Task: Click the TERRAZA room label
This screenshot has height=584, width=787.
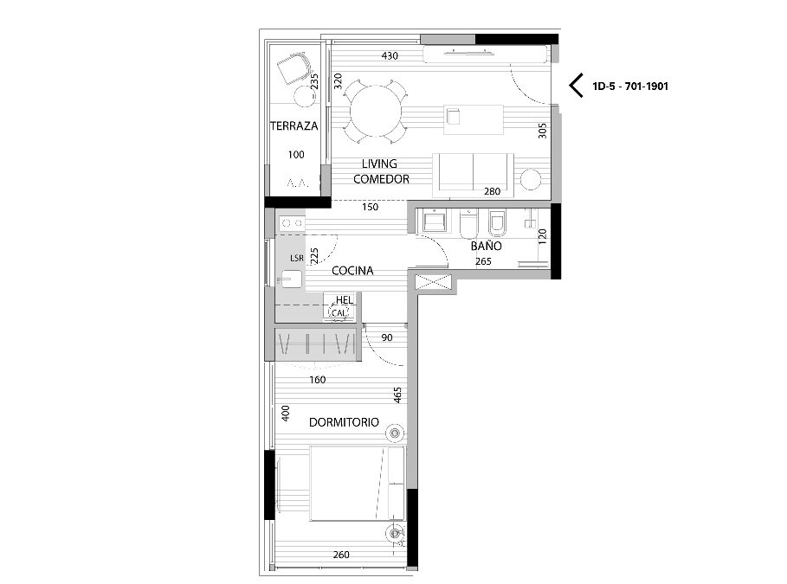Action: click(x=294, y=126)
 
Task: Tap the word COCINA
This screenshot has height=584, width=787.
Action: click(x=352, y=271)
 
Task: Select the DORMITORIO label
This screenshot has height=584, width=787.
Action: click(x=344, y=422)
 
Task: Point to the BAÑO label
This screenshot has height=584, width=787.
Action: click(x=486, y=246)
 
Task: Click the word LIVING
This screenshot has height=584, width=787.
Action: click(x=379, y=164)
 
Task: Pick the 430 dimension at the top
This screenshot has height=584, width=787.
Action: click(x=390, y=55)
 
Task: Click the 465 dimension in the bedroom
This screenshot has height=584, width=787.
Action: click(x=397, y=395)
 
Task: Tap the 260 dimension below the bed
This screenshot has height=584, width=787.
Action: click(x=341, y=555)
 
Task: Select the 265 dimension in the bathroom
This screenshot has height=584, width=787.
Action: click(x=483, y=261)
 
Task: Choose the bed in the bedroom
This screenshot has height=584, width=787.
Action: click(x=357, y=483)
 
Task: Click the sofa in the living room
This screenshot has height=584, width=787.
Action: click(x=474, y=175)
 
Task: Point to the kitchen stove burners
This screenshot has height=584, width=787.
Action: click(x=291, y=223)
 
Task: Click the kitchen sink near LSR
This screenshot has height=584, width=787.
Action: click(x=291, y=279)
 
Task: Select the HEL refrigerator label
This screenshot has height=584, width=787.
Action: click(x=345, y=300)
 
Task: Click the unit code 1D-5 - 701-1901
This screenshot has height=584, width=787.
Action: click(x=630, y=87)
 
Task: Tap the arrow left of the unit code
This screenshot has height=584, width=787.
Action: click(x=576, y=86)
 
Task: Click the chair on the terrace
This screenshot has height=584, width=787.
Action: click(x=294, y=68)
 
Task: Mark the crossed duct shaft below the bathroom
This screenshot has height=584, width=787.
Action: click(x=434, y=282)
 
